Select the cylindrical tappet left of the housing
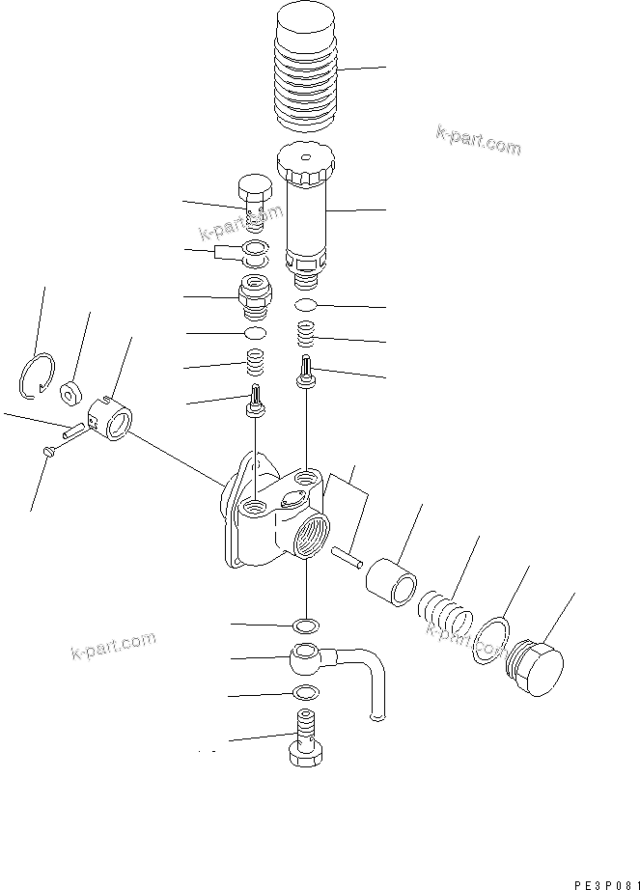[x=113, y=422]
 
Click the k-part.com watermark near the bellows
[x=478, y=142]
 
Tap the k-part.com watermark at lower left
[x=113, y=646]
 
